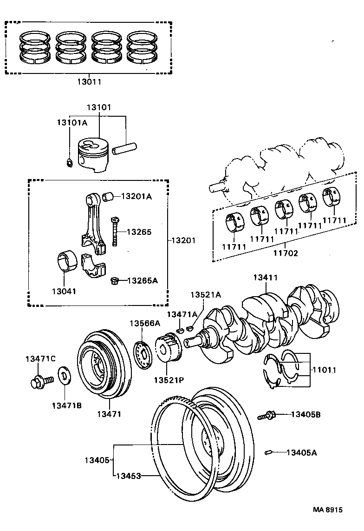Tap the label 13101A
72,122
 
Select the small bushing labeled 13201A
108,196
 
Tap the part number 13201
183,240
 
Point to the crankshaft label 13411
266,278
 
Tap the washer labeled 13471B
63,375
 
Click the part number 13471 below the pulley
109,414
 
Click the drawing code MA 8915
327,510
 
